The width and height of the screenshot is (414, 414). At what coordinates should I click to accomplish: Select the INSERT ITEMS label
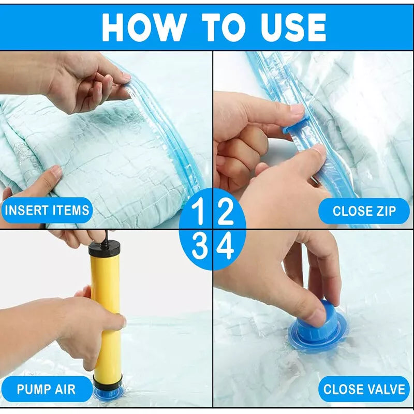(x=47, y=211)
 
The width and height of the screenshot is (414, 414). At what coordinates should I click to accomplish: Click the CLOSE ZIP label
(x=364, y=211)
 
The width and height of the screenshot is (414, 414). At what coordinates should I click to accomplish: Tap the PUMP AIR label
(x=46, y=389)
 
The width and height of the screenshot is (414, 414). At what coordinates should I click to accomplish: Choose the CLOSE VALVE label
(x=364, y=389)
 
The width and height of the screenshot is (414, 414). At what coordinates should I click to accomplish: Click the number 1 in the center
(x=199, y=212)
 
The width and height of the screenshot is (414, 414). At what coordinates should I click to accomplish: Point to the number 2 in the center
(x=225, y=212)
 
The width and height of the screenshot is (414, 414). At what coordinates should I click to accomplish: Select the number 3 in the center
(x=199, y=247)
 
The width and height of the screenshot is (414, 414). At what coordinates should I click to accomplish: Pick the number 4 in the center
(x=225, y=247)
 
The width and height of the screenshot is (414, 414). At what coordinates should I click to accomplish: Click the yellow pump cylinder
(x=106, y=310)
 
